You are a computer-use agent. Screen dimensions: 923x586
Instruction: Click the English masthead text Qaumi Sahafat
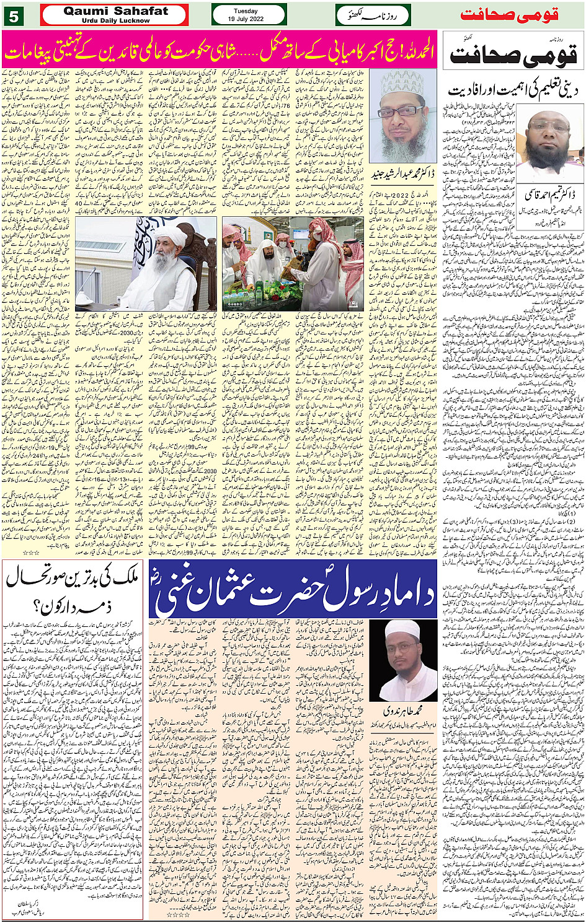(x=115, y=11)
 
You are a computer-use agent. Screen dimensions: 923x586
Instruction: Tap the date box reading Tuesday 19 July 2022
(x=249, y=15)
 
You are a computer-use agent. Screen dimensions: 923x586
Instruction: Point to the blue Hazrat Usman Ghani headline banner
(x=293, y=589)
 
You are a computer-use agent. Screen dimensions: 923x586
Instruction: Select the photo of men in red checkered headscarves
(x=293, y=263)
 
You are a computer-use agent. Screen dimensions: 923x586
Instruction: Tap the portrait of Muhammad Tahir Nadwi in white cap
(x=404, y=660)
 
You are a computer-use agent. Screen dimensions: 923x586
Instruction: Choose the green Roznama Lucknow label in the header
(x=373, y=15)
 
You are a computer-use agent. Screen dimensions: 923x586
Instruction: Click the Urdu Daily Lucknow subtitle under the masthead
(x=115, y=20)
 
